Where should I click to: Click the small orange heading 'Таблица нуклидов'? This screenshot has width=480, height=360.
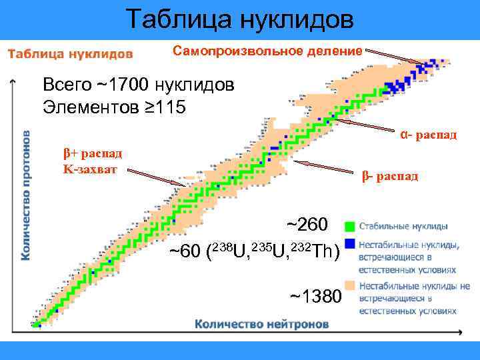(x=70, y=53)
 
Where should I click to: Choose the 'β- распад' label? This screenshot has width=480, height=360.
(x=390, y=177)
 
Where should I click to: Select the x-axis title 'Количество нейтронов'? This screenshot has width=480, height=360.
(x=262, y=325)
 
